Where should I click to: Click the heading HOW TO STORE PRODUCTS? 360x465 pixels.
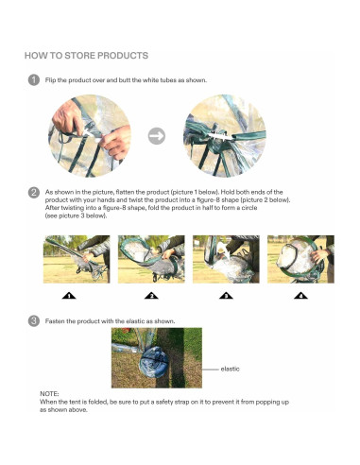[x=86, y=56]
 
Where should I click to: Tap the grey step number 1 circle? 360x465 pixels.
[x=34, y=80]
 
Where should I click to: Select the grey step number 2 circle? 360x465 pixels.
[x=34, y=193]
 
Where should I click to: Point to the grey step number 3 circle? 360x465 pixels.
[x=34, y=321]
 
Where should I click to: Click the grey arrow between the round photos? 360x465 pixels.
[x=157, y=136]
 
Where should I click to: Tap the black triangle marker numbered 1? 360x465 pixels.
[x=69, y=296]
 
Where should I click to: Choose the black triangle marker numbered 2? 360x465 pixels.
[x=151, y=296]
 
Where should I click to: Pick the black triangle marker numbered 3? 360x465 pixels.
[x=226, y=296]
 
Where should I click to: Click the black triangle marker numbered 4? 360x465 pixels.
[x=300, y=296]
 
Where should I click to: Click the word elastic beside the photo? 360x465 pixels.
[x=230, y=369]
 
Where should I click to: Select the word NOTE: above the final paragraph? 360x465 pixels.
[x=49, y=394]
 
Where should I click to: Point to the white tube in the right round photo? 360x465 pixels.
[x=221, y=136]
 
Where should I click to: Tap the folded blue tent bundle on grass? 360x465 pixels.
[x=154, y=362]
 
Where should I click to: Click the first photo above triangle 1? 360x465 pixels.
[x=77, y=259]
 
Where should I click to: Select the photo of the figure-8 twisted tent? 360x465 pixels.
[x=151, y=259]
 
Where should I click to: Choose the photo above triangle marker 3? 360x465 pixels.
[x=226, y=259]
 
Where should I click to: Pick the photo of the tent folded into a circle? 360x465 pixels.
[x=300, y=259]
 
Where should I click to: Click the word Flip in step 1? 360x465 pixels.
[x=50, y=80]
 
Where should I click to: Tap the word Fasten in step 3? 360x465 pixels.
[x=55, y=321]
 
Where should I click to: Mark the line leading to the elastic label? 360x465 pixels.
[x=210, y=370]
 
